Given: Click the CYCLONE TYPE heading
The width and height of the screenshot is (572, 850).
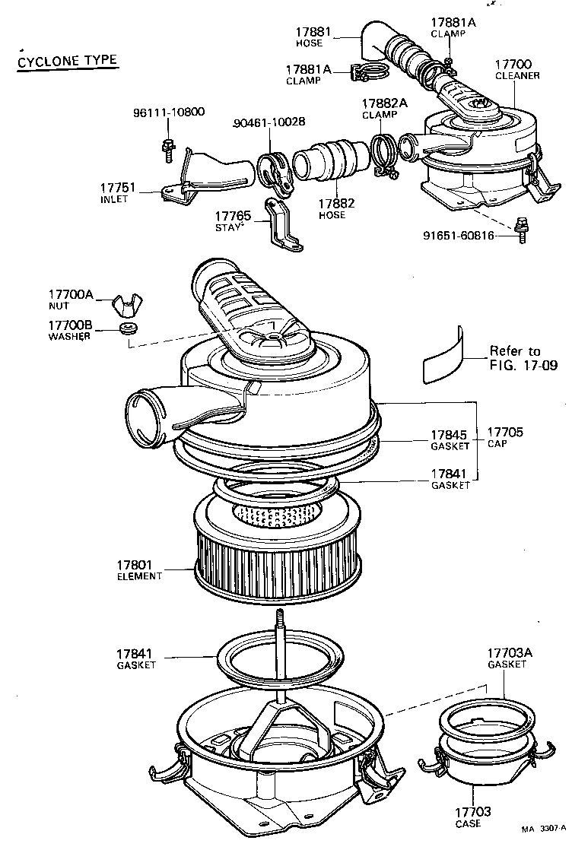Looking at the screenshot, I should pyautogui.click(x=67, y=62).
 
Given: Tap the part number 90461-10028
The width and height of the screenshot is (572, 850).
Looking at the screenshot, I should pyautogui.click(x=269, y=122).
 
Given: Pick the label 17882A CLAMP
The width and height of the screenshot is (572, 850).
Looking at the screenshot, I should pyautogui.click(x=385, y=108).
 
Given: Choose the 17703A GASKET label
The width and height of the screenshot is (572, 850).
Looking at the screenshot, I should pyautogui.click(x=507, y=658).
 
